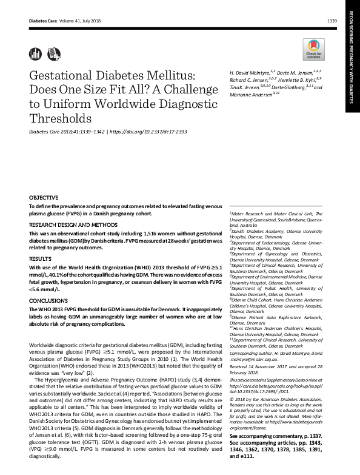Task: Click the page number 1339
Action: coord(332,21)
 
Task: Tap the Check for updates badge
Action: coord(313,49)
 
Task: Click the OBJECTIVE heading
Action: coord(44,198)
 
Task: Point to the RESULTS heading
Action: coord(40,258)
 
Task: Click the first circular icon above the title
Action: coord(33,53)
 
